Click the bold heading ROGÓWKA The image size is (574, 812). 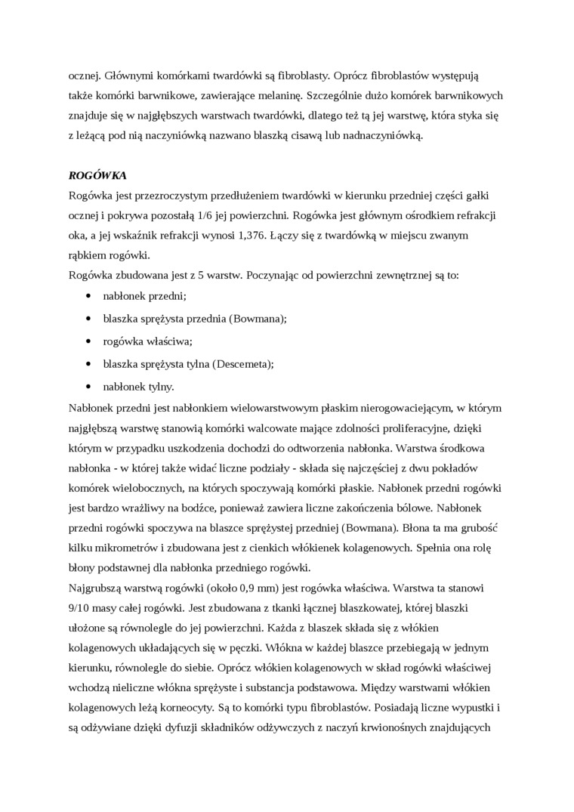coord(97,175)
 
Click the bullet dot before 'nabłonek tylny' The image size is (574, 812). coord(90,387)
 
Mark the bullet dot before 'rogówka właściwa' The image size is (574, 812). coord(90,341)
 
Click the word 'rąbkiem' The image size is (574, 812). coord(87,255)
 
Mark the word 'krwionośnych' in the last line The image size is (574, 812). coord(401,728)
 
